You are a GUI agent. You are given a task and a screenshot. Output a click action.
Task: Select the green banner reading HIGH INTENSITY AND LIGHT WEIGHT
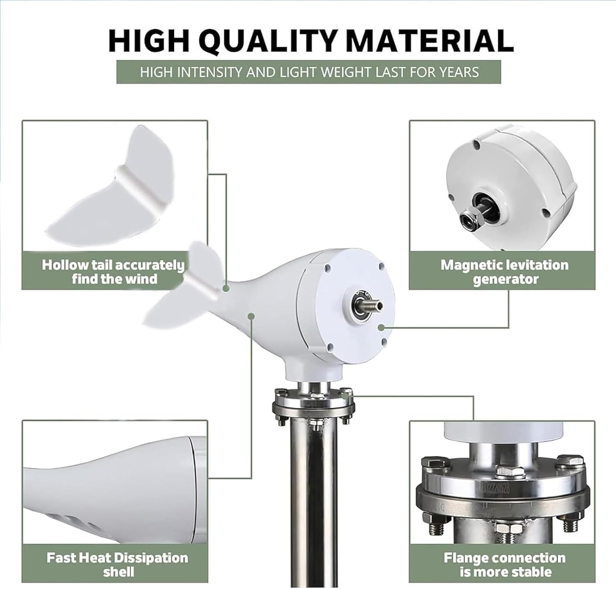(x=309, y=72)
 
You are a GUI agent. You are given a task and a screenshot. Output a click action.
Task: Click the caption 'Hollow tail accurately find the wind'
(x=114, y=271)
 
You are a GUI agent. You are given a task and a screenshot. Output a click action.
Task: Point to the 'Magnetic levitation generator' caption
(x=504, y=271)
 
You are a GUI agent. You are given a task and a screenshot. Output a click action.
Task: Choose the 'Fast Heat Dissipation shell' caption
(x=117, y=564)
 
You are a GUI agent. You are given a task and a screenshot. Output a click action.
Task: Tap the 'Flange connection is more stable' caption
(x=505, y=564)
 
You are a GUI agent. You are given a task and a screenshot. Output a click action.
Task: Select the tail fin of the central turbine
(x=185, y=288)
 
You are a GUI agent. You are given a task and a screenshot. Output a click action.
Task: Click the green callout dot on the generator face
(x=381, y=327)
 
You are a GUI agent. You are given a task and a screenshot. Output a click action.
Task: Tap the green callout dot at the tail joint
(x=225, y=289)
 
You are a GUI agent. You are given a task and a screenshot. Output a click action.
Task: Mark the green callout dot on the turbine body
(x=251, y=315)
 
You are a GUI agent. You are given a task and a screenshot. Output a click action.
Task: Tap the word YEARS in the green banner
(x=459, y=72)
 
